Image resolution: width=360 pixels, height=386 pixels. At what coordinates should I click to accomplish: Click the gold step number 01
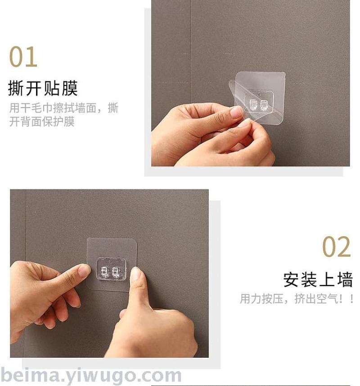point(23,57)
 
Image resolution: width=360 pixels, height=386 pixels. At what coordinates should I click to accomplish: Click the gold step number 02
point(336,247)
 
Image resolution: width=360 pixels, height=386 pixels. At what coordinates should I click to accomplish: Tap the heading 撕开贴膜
point(43,88)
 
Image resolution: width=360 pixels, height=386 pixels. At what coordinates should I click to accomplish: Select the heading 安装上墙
point(318,279)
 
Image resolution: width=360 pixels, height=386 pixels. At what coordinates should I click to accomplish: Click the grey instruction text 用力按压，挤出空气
point(289,299)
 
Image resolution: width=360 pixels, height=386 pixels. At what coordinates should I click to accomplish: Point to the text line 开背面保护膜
point(41,121)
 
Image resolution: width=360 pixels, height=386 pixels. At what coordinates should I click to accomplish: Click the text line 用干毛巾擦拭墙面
point(53,108)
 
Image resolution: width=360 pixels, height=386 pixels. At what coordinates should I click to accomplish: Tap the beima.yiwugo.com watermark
point(91,376)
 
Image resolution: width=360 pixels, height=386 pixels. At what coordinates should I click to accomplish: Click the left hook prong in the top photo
point(252,105)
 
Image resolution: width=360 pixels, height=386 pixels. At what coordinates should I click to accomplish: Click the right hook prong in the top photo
point(263,105)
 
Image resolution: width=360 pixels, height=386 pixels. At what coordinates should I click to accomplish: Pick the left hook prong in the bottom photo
point(104,272)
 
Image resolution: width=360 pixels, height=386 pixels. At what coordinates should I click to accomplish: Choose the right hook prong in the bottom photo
point(116,272)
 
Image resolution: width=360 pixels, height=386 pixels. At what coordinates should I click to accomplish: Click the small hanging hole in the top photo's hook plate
point(259,94)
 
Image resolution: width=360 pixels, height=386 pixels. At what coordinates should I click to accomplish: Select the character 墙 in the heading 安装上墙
point(345,279)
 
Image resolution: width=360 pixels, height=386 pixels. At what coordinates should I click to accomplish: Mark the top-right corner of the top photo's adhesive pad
point(285,72)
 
